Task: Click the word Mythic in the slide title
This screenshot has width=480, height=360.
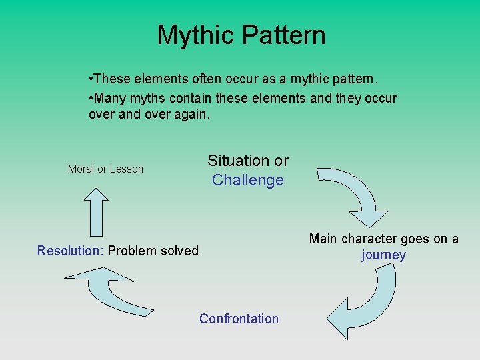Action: click(194, 35)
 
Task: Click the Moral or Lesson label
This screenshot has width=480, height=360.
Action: click(105, 169)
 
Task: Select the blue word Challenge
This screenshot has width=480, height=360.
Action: click(248, 180)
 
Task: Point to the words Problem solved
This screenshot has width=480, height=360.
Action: click(153, 251)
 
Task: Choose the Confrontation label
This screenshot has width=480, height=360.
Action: click(239, 319)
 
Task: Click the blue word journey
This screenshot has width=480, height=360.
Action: click(383, 255)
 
